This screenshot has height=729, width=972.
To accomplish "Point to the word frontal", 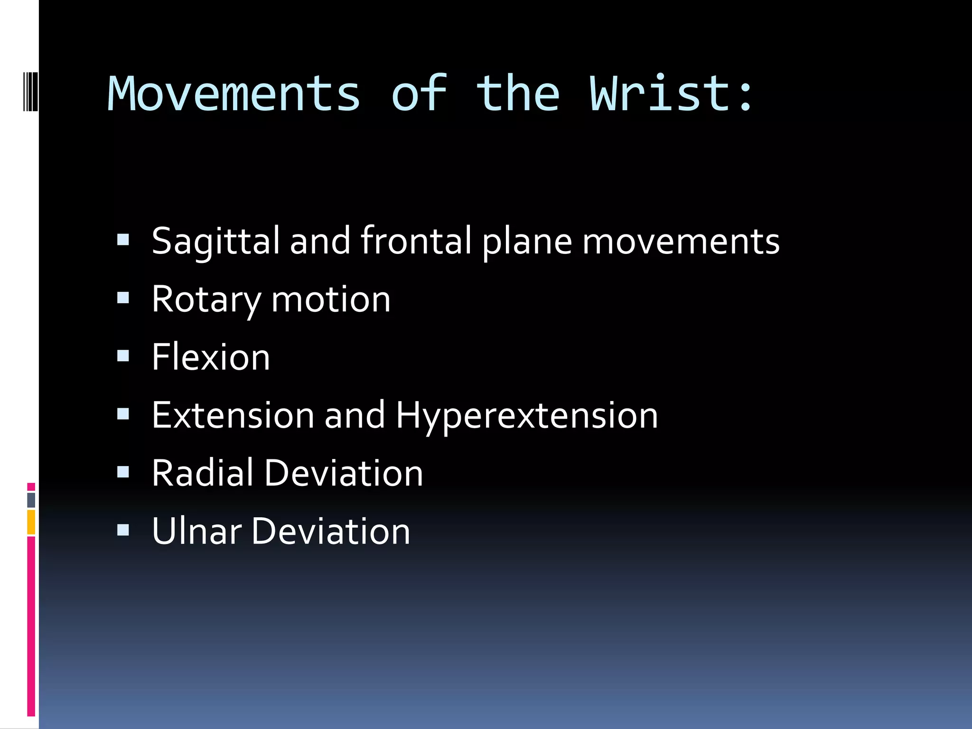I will pyautogui.click(x=416, y=241).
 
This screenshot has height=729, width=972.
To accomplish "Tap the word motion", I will pyautogui.click(x=331, y=300).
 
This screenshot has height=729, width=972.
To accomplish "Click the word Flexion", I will pyautogui.click(x=211, y=357).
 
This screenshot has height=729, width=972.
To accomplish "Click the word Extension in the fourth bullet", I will pyautogui.click(x=233, y=415).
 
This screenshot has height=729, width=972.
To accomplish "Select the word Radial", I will pyautogui.click(x=203, y=473).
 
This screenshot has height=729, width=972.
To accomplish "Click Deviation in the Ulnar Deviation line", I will pyautogui.click(x=331, y=531).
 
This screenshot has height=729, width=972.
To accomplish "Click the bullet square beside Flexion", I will pyautogui.click(x=123, y=356).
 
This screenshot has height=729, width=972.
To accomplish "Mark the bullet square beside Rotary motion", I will pyautogui.click(x=123, y=298).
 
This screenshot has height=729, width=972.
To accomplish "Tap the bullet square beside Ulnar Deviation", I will pyautogui.click(x=123, y=530).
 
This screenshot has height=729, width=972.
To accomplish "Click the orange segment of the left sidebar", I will pyautogui.click(x=31, y=522).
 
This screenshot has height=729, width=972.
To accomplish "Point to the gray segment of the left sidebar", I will pyautogui.click(x=31, y=500).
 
